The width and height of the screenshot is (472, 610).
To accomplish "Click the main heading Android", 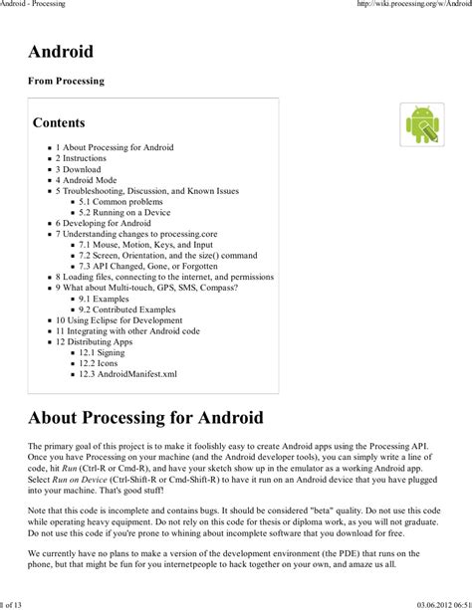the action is (x=61, y=53).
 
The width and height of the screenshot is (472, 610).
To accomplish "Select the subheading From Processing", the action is (x=66, y=82).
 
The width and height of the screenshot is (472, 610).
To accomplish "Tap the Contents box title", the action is (x=59, y=123).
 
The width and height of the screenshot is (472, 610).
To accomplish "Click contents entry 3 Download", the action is (x=79, y=169).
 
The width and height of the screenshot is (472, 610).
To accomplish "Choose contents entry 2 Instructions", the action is (x=81, y=158).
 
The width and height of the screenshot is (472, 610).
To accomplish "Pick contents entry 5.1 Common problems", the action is (x=120, y=202).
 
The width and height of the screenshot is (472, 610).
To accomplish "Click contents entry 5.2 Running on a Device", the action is (x=124, y=213).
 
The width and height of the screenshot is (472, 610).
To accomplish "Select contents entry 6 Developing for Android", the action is (x=103, y=224).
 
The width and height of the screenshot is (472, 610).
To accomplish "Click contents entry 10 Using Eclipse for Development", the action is (x=118, y=320).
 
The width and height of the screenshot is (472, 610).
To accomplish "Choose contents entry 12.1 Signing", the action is (x=103, y=353).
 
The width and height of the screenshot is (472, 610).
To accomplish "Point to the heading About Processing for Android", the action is (x=145, y=417).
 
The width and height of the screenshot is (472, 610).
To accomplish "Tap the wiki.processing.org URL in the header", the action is (x=413, y=5).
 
